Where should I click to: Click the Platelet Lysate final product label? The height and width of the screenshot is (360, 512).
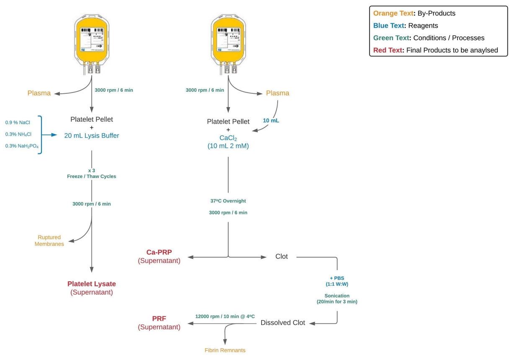pyautogui.click(x=92, y=284)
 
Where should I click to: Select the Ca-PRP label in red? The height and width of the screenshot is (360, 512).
pyautogui.click(x=159, y=252)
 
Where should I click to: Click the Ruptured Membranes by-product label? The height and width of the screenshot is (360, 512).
pyautogui.click(x=49, y=240)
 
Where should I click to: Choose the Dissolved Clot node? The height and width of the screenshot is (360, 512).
pyautogui.click(x=283, y=323)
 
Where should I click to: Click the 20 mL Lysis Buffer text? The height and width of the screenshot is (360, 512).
pyautogui.click(x=92, y=135)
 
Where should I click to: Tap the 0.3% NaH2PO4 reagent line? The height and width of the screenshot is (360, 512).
pyautogui.click(x=22, y=146)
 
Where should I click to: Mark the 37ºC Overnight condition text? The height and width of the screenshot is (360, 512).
pyautogui.click(x=228, y=201)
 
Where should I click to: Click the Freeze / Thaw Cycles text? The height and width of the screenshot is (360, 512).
pyautogui.click(x=92, y=176)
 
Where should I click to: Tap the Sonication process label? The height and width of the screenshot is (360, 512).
pyautogui.click(x=337, y=296)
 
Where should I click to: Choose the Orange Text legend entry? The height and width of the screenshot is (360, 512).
pyautogui.click(x=414, y=13)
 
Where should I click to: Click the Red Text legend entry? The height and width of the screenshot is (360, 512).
pyautogui.click(x=435, y=50)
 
